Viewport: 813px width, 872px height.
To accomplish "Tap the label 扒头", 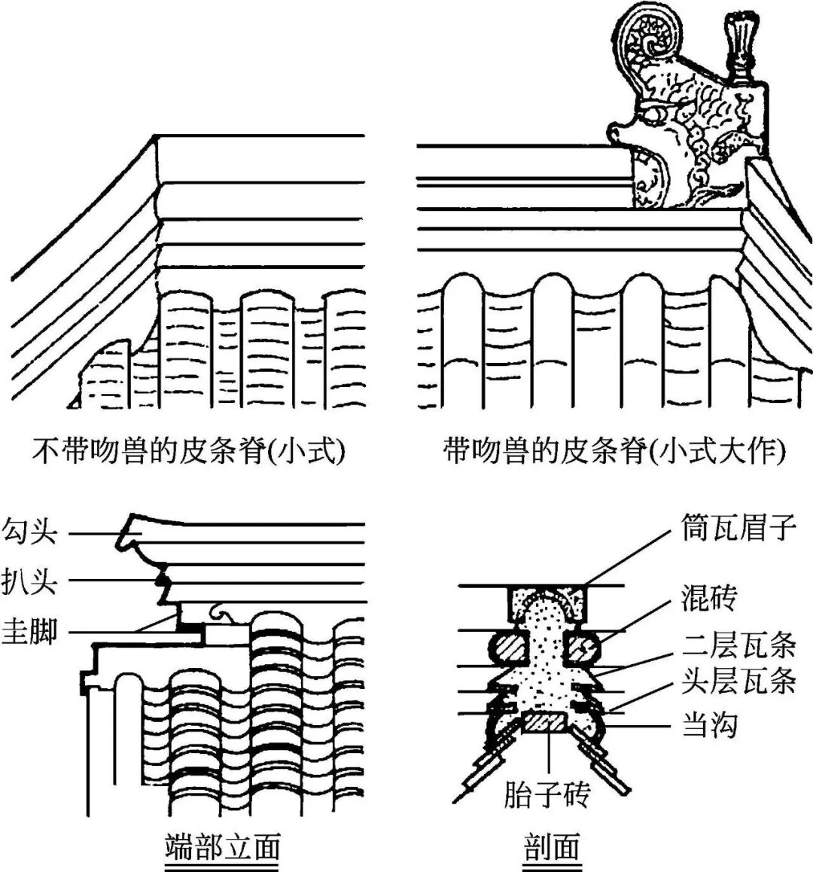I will point(29,581).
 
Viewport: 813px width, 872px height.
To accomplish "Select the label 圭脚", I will point(29,631).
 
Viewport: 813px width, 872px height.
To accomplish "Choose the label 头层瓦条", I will point(737,681).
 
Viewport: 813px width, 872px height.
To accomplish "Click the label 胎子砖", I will point(547,795).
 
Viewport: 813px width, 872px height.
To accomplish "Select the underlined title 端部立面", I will point(222,848).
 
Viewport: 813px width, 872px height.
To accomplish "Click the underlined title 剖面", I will point(551,848).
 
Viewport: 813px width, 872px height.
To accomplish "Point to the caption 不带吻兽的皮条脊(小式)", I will point(187,452).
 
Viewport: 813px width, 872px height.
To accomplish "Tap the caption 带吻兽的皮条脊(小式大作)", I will point(614,452).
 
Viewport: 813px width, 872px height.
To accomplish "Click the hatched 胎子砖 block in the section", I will point(547,723).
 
